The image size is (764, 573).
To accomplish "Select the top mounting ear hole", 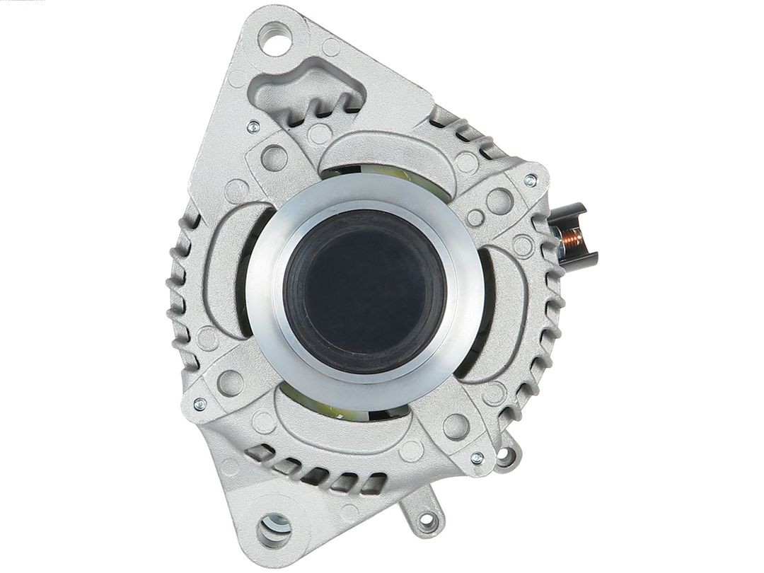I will point(274,36).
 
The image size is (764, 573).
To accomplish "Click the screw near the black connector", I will point(530,180).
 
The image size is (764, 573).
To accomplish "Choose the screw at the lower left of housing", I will point(200,404).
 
